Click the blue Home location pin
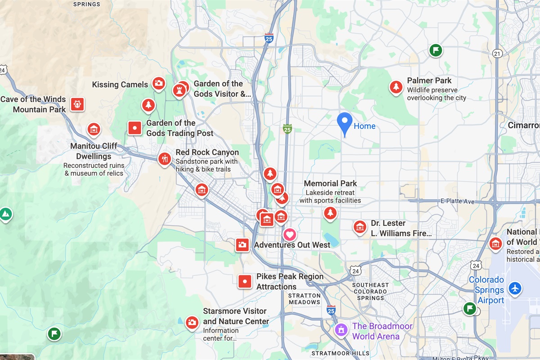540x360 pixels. click(x=345, y=122)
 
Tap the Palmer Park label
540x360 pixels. click(x=429, y=81)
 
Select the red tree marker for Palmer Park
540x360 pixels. click(x=396, y=86)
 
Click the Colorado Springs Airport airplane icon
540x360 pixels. click(x=515, y=288)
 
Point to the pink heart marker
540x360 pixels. click(x=290, y=234)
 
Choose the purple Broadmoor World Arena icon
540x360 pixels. click(x=341, y=330)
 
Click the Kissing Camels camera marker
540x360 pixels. click(x=158, y=83)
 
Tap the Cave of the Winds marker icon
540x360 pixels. click(x=77, y=104)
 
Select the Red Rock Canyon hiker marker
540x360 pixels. click(x=164, y=158)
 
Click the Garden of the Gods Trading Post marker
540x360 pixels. click(x=135, y=128)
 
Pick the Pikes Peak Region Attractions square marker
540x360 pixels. click(x=245, y=282)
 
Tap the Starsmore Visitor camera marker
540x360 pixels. click(x=192, y=322)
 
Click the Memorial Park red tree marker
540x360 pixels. click(x=330, y=213)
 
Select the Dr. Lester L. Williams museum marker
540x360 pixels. click(x=360, y=227)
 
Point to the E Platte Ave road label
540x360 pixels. click(x=457, y=201)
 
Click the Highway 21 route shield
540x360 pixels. click(x=497, y=53)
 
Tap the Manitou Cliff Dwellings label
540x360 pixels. click(x=94, y=151)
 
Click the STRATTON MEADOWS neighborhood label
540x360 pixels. click(x=305, y=299)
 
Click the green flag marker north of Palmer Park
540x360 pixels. click(x=435, y=50)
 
